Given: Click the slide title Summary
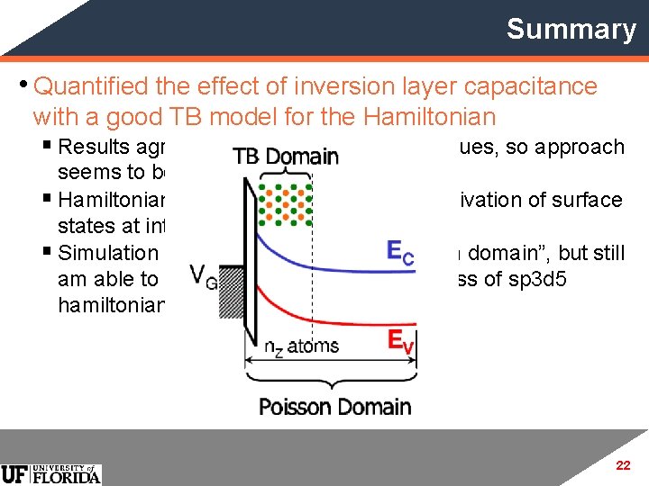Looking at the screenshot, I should pos(571,29).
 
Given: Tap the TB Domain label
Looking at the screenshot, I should pos(286,157).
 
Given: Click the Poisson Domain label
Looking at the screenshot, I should pos(334,407).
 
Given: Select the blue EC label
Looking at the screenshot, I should pos(400,254).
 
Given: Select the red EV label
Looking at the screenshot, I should pos(399,340).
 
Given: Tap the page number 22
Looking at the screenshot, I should pos(622,465).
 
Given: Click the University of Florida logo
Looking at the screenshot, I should pos(51,473).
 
